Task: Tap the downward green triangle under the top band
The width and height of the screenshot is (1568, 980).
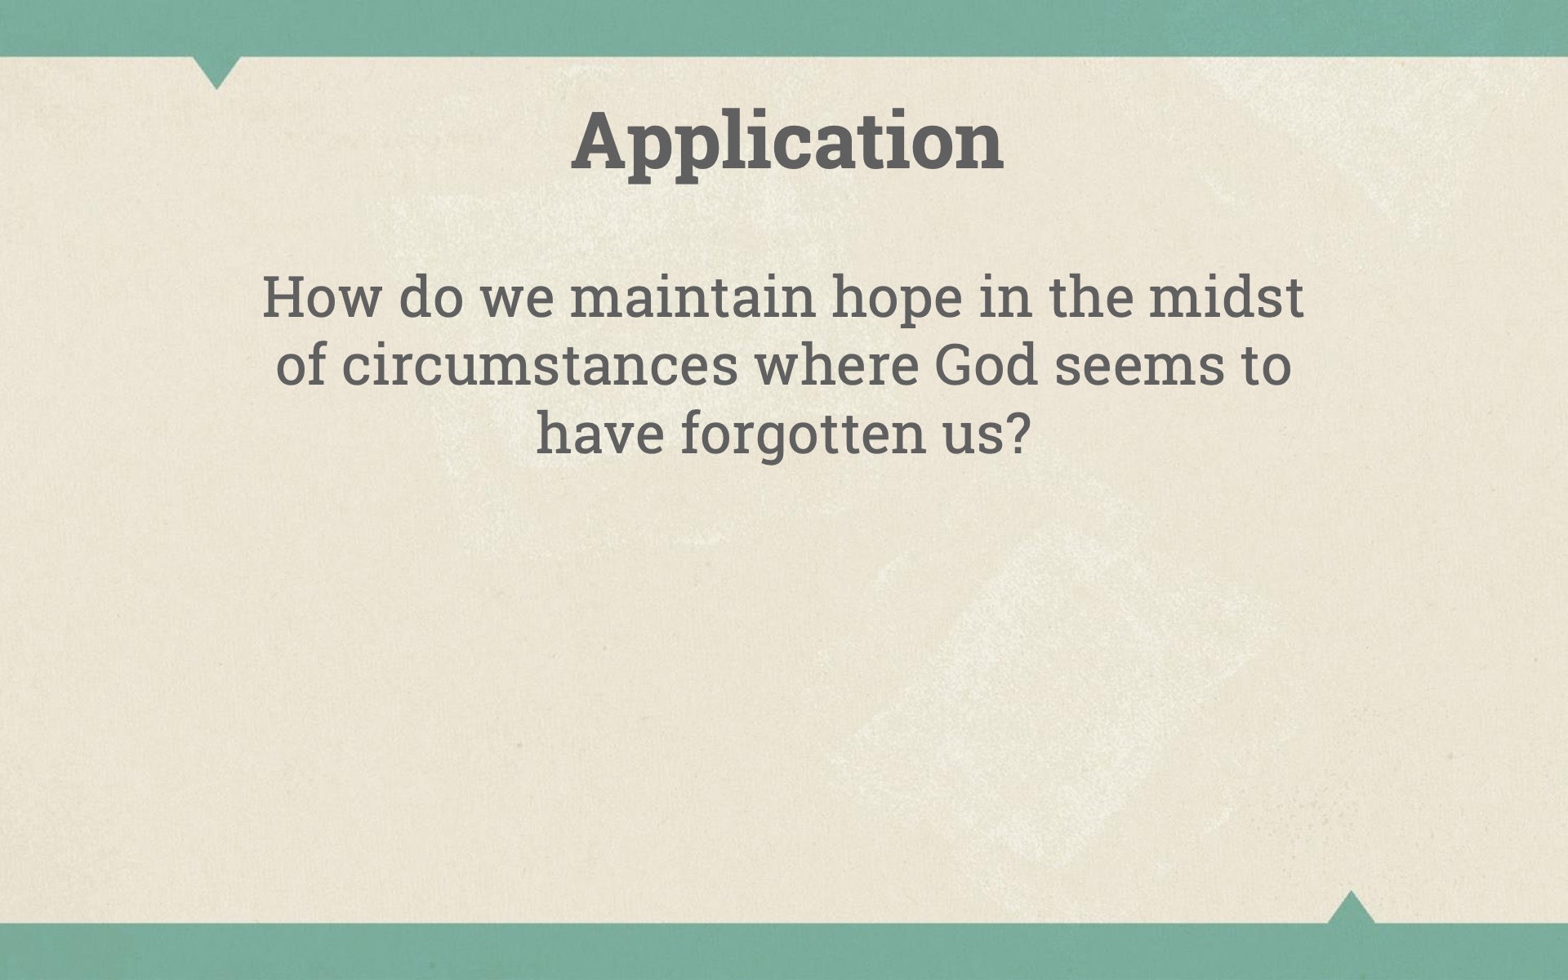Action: [217, 69]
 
